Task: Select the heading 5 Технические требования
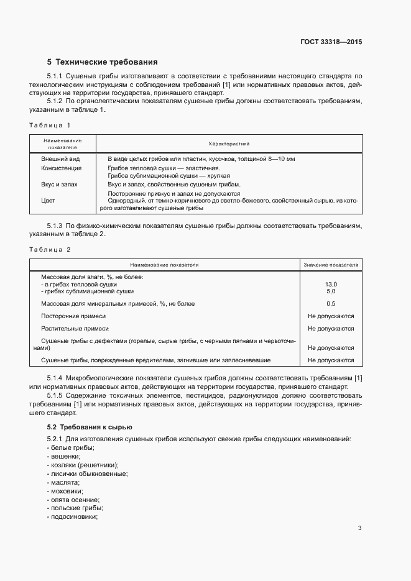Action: (103, 62)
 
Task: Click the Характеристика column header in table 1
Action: (229, 144)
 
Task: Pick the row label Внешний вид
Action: (60, 159)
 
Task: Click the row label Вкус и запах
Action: (59, 185)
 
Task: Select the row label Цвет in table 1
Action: (48, 201)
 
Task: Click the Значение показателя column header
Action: (331, 265)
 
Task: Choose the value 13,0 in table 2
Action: (331, 284)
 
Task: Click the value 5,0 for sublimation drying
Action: (331, 291)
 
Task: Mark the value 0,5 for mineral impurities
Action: (331, 304)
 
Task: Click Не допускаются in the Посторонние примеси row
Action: (331, 316)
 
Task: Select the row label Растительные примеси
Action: (75, 328)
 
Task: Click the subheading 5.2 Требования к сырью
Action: (90, 427)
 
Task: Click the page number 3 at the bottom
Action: (359, 528)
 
